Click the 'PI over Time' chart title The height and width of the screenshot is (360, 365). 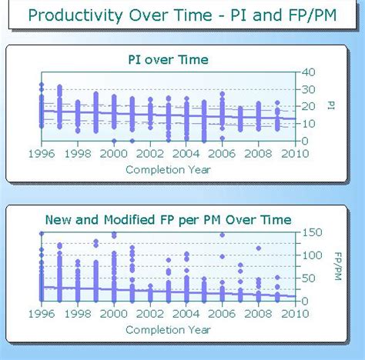coord(167,59)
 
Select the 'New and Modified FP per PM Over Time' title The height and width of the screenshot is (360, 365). coord(168,220)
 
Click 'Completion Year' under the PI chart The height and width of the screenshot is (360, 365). coord(167,170)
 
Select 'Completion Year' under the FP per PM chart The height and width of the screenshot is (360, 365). coord(167,330)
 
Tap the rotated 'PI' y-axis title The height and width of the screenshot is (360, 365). coord(330,105)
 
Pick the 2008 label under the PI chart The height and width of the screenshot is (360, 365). coord(258,154)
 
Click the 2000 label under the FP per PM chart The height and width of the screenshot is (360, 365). coord(114,314)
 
